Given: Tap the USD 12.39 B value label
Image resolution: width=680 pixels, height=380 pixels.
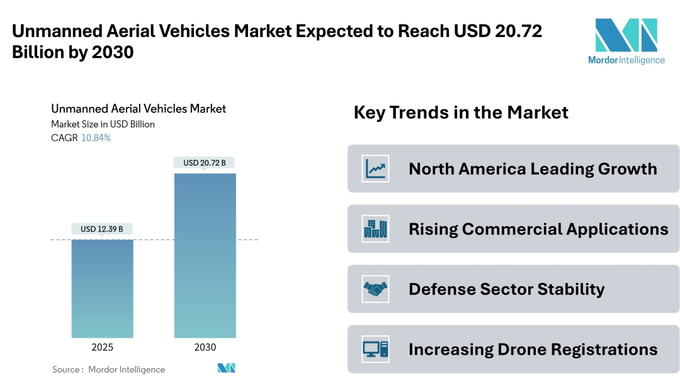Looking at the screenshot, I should [102, 229].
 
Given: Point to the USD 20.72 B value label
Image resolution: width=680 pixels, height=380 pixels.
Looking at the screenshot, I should [205, 163].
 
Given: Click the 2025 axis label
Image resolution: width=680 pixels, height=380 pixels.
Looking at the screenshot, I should [102, 347].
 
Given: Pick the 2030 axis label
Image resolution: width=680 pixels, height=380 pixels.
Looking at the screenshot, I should [205, 347].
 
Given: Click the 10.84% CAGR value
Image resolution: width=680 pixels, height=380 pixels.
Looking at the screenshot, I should [96, 138].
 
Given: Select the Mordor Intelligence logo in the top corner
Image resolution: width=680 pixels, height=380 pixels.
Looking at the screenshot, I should [626, 42].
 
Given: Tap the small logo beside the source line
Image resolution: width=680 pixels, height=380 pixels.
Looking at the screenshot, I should [226, 368].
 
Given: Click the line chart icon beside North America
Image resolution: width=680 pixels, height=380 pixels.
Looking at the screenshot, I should [375, 169].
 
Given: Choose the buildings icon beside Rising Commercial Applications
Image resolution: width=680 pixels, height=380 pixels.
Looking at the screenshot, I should [375, 229].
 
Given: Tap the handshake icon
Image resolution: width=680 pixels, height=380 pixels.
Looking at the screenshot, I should [375, 289].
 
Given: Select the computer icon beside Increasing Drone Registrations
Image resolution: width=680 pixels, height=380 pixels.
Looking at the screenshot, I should [375, 349].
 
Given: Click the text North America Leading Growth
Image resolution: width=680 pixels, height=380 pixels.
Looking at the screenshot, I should [533, 169].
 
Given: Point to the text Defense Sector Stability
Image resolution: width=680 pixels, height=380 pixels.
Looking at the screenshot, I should [506, 289].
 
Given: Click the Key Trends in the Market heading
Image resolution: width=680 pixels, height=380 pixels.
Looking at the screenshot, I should [461, 113].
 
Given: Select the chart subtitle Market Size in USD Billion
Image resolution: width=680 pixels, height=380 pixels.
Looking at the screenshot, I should [103, 125].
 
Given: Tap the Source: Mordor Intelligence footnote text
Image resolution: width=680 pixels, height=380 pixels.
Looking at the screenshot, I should [108, 369].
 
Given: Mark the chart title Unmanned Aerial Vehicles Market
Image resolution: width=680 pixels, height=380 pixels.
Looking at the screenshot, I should [139, 109].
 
